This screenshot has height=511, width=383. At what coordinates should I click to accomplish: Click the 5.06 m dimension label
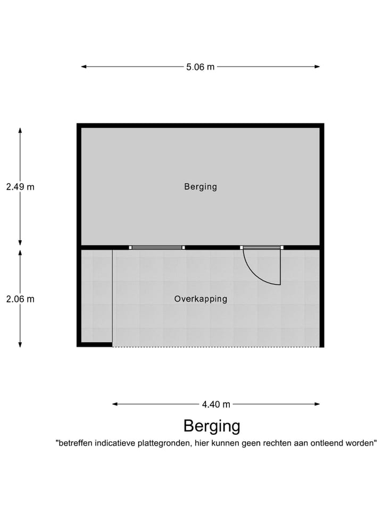click(x=201, y=67)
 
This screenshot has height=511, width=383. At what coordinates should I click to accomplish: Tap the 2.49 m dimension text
click(x=20, y=187)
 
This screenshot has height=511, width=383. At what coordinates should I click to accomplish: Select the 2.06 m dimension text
click(x=20, y=299)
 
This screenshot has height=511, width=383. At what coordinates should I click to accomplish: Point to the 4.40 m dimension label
click(x=216, y=405)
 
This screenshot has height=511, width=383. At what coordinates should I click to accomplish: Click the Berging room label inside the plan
click(x=201, y=187)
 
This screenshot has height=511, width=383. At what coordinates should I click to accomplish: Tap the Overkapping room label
click(x=201, y=299)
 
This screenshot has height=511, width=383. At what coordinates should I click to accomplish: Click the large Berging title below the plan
click(x=212, y=426)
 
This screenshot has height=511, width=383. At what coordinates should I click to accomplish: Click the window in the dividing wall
click(x=157, y=248)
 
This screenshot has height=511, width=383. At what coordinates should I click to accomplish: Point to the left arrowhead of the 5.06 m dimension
click(x=84, y=67)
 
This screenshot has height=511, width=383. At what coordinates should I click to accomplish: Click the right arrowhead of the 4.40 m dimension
click(x=317, y=404)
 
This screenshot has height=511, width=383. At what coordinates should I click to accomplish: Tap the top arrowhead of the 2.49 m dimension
click(x=20, y=130)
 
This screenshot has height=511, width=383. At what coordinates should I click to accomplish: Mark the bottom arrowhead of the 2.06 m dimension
click(x=20, y=344)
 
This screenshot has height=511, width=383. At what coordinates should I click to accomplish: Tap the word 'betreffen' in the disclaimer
click(x=74, y=443)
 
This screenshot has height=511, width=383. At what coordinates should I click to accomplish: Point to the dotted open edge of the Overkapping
click(x=217, y=347)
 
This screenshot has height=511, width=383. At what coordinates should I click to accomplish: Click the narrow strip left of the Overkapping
click(x=96, y=296)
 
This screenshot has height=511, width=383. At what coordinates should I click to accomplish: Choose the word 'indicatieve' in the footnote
click(x=115, y=443)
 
